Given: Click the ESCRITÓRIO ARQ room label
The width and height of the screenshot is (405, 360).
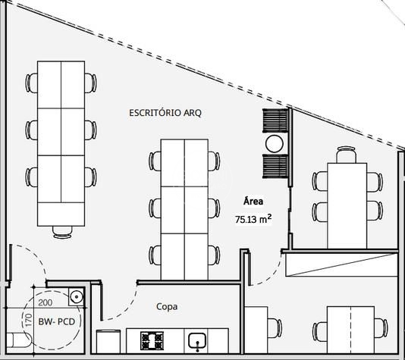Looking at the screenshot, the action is [x=165, y=113].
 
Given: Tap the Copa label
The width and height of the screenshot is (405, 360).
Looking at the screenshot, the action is [x=167, y=307].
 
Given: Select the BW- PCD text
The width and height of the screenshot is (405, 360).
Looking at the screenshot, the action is [x=57, y=321].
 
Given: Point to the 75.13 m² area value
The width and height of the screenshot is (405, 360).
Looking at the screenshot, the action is [x=253, y=219].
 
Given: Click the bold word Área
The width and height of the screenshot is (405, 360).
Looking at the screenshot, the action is [x=253, y=201].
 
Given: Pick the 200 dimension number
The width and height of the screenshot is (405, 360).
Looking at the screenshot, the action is [x=46, y=302].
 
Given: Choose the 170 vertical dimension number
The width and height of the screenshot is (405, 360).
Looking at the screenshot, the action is [x=29, y=320].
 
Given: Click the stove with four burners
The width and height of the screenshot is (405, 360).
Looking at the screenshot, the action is [x=152, y=340].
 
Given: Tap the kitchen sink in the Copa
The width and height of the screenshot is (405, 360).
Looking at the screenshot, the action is [x=197, y=341].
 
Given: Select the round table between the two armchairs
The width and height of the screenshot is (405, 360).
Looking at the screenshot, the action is [x=275, y=144].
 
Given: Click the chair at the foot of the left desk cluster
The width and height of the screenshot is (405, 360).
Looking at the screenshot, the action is [x=62, y=232].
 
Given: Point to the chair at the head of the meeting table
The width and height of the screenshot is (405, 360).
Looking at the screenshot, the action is [x=347, y=155].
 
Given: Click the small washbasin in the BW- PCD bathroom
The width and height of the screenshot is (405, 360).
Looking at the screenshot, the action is [x=76, y=297].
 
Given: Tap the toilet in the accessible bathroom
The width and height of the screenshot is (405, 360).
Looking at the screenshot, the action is [x=19, y=340].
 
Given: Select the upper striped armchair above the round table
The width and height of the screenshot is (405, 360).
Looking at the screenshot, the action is [x=275, y=121].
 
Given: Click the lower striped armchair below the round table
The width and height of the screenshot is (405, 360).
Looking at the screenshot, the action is [x=275, y=166].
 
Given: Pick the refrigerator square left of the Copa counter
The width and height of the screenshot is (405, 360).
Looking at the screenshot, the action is [x=108, y=341].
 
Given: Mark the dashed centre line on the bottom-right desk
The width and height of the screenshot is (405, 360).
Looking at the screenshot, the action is [x=350, y=330].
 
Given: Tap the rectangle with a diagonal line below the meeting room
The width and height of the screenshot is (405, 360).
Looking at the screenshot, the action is [x=341, y=265].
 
